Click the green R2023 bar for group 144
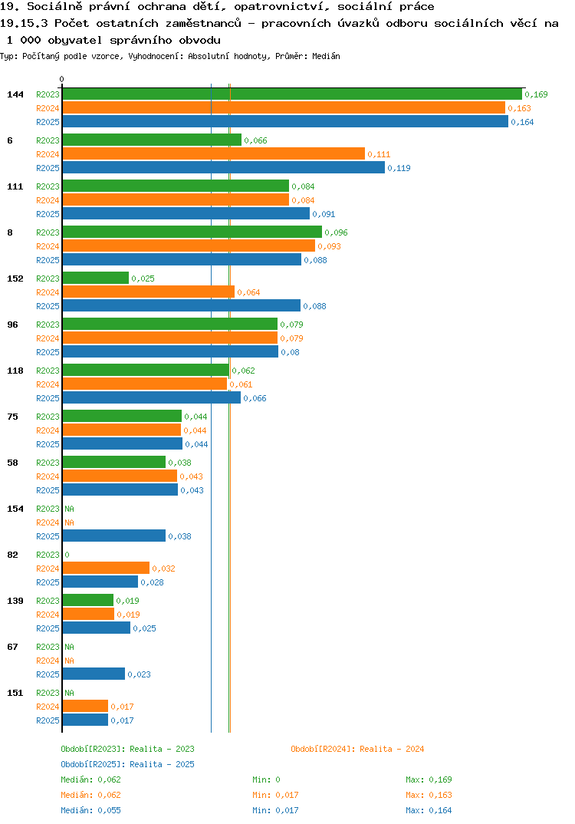(293, 94)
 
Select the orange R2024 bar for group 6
(214, 154)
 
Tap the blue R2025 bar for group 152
(182, 306)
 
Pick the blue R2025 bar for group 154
(114, 536)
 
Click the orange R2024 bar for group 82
(106, 568)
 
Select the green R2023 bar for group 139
(88, 600)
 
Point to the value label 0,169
(536, 94)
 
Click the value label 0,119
(399, 168)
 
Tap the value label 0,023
(140, 674)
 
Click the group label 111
(15, 186)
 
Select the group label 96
(12, 325)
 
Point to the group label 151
(15, 693)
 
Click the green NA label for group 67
(69, 647)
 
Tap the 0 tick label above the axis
(61, 79)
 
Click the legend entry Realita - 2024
(357, 749)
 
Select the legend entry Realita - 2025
(127, 764)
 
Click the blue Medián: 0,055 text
(90, 810)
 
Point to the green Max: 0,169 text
(429, 780)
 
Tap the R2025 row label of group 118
(48, 398)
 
